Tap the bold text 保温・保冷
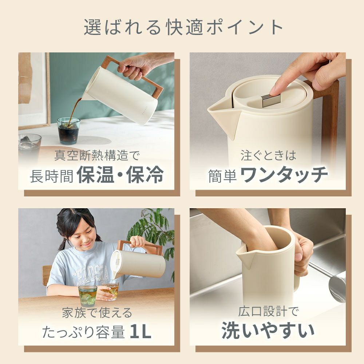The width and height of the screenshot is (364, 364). (x=120, y=175)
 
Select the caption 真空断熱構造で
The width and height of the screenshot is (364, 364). (x=97, y=155)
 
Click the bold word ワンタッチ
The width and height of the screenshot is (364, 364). (x=284, y=175)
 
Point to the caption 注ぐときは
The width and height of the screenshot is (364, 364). (x=268, y=155)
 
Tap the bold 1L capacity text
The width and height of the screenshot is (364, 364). (x=141, y=331)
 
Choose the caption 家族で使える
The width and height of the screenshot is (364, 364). (x=97, y=313)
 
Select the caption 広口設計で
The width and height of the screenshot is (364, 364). (x=268, y=312)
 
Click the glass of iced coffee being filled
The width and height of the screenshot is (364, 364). (x=68, y=131)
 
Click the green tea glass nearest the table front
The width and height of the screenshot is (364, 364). (x=87, y=296)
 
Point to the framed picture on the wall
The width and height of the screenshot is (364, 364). (x=34, y=91)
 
